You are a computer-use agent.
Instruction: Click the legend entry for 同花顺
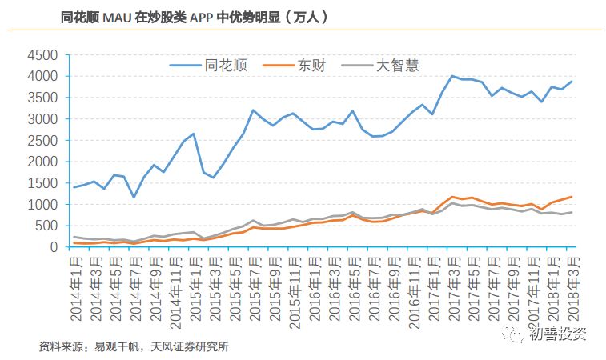226,66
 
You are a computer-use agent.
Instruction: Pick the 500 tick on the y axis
46,226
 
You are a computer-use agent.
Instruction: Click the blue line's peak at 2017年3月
452,76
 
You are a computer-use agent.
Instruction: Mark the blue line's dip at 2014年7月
134,197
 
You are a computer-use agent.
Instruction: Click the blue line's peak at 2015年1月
194,134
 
